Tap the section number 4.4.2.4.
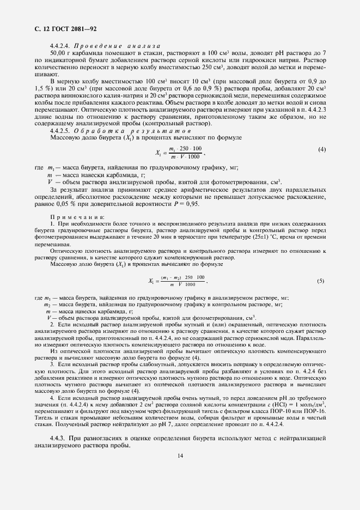(x=60, y=46)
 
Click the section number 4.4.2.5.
(x=60, y=131)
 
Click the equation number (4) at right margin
(x=322, y=149)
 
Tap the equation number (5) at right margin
(x=321, y=281)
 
